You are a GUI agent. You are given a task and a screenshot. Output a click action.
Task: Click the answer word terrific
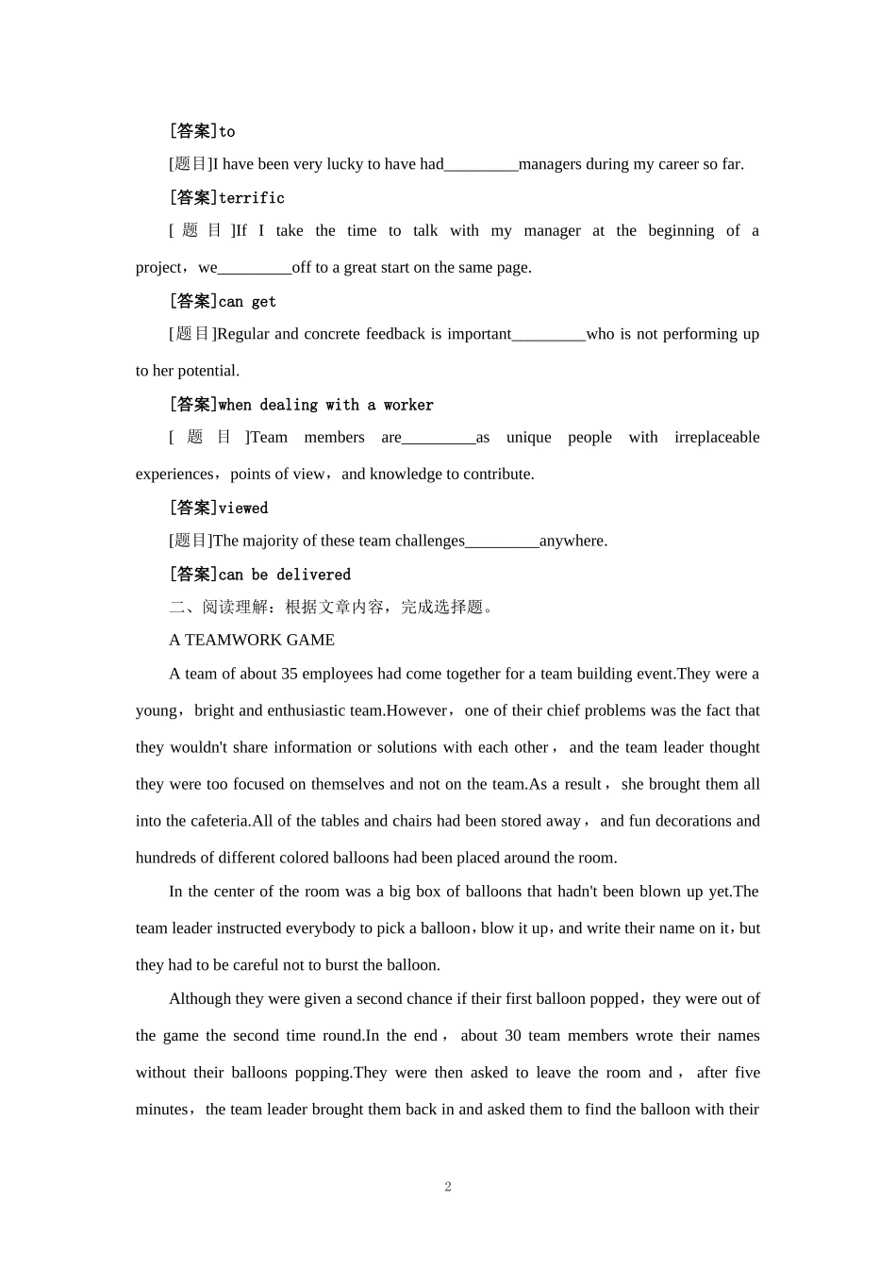pos(251,198)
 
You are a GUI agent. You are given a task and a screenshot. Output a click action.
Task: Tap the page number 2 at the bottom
pos(448,1187)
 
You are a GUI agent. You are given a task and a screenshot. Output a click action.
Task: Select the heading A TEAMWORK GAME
pos(252,640)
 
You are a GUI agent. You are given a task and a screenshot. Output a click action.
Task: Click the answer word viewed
pos(243,509)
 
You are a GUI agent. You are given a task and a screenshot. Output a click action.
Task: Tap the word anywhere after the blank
pos(573,541)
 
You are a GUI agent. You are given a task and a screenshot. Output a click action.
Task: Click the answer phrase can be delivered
pos(285,575)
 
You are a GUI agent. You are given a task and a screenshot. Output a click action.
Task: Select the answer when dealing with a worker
pos(326,405)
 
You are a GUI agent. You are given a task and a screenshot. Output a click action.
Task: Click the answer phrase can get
pos(247,302)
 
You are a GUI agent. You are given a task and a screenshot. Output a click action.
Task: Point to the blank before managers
pos(481,165)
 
